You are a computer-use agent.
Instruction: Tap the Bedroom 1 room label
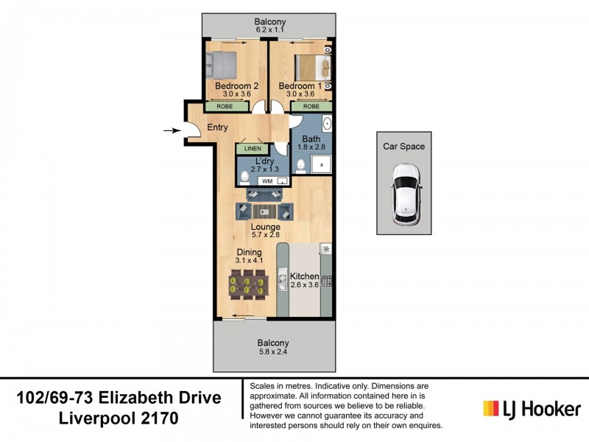(x=300, y=85)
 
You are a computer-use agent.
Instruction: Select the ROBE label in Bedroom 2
(x=226, y=106)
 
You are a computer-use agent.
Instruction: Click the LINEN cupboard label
(x=252, y=149)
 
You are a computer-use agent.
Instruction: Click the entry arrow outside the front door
(x=171, y=131)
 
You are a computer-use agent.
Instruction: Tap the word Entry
(x=217, y=127)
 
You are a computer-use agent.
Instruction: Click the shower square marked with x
(x=321, y=165)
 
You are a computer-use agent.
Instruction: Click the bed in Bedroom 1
(x=308, y=67)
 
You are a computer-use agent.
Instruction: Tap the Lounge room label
(x=264, y=227)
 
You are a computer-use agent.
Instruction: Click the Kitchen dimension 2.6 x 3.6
(x=305, y=286)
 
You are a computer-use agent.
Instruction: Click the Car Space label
(x=403, y=147)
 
